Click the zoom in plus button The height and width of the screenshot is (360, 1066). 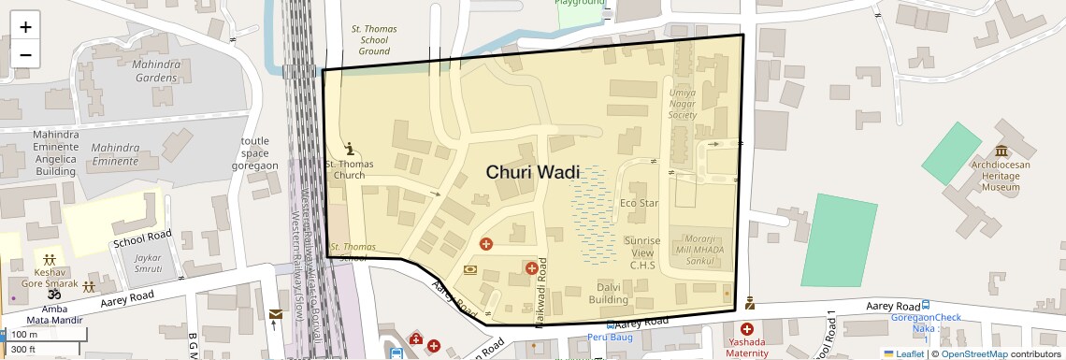pyautogui.click(x=25, y=27)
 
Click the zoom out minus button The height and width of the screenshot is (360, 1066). pyautogui.click(x=25, y=54)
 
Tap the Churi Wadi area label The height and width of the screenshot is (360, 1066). pyautogui.click(x=532, y=172)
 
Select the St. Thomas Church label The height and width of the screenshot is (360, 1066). pyautogui.click(x=349, y=169)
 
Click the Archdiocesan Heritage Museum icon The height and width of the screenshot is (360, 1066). pyautogui.click(x=1001, y=151)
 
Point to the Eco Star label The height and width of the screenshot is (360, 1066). pyautogui.click(x=640, y=203)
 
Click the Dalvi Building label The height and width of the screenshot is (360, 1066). pyautogui.click(x=608, y=294)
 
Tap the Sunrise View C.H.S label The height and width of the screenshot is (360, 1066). pyautogui.click(x=641, y=252)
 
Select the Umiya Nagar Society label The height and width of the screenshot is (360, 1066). pyautogui.click(x=683, y=104)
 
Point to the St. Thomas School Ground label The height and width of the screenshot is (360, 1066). pyautogui.click(x=369, y=40)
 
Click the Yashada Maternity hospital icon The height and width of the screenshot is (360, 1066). pyautogui.click(x=747, y=329)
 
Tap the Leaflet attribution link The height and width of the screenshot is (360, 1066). pyautogui.click(x=905, y=353)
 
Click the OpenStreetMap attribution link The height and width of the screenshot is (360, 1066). pyautogui.click(x=974, y=353)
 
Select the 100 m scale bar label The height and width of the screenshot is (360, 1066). pyautogui.click(x=25, y=335)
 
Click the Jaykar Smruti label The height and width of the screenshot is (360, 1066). pyautogui.click(x=141, y=263)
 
